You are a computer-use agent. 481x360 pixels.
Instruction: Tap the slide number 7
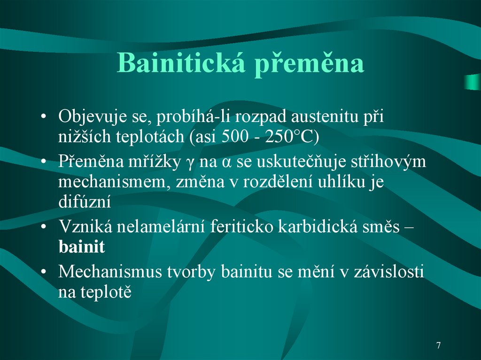(438, 346)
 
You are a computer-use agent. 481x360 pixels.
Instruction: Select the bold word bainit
(82, 247)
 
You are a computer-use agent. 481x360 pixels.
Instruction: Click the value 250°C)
(292, 137)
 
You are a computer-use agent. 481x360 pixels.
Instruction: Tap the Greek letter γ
(189, 163)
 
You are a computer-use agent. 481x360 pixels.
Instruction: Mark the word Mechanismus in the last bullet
(111, 271)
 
